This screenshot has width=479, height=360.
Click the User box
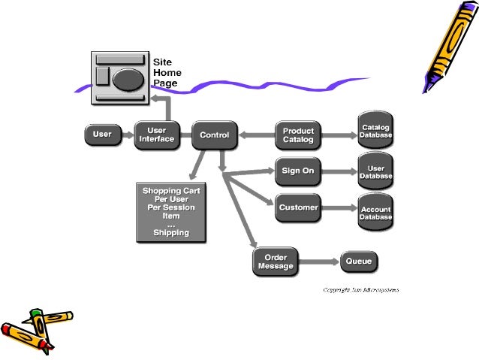tap(102, 135)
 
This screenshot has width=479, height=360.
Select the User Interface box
tap(156, 135)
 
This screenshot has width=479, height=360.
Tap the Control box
tap(214, 136)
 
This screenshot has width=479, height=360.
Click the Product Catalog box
tap(298, 136)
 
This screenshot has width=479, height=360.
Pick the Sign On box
tap(297, 171)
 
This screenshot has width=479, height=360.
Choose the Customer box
tap(298, 207)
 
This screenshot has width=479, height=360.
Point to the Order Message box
tap(276, 262)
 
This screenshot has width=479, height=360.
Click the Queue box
tap(360, 262)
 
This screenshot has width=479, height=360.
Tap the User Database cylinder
tap(375, 171)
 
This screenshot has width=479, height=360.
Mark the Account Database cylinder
tap(375, 213)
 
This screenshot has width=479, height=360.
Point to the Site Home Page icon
tap(121, 77)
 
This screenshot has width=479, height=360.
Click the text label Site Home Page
tap(167, 73)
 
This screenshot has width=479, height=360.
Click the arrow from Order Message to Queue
tap(320, 262)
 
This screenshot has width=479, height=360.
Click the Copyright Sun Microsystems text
tap(360, 289)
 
